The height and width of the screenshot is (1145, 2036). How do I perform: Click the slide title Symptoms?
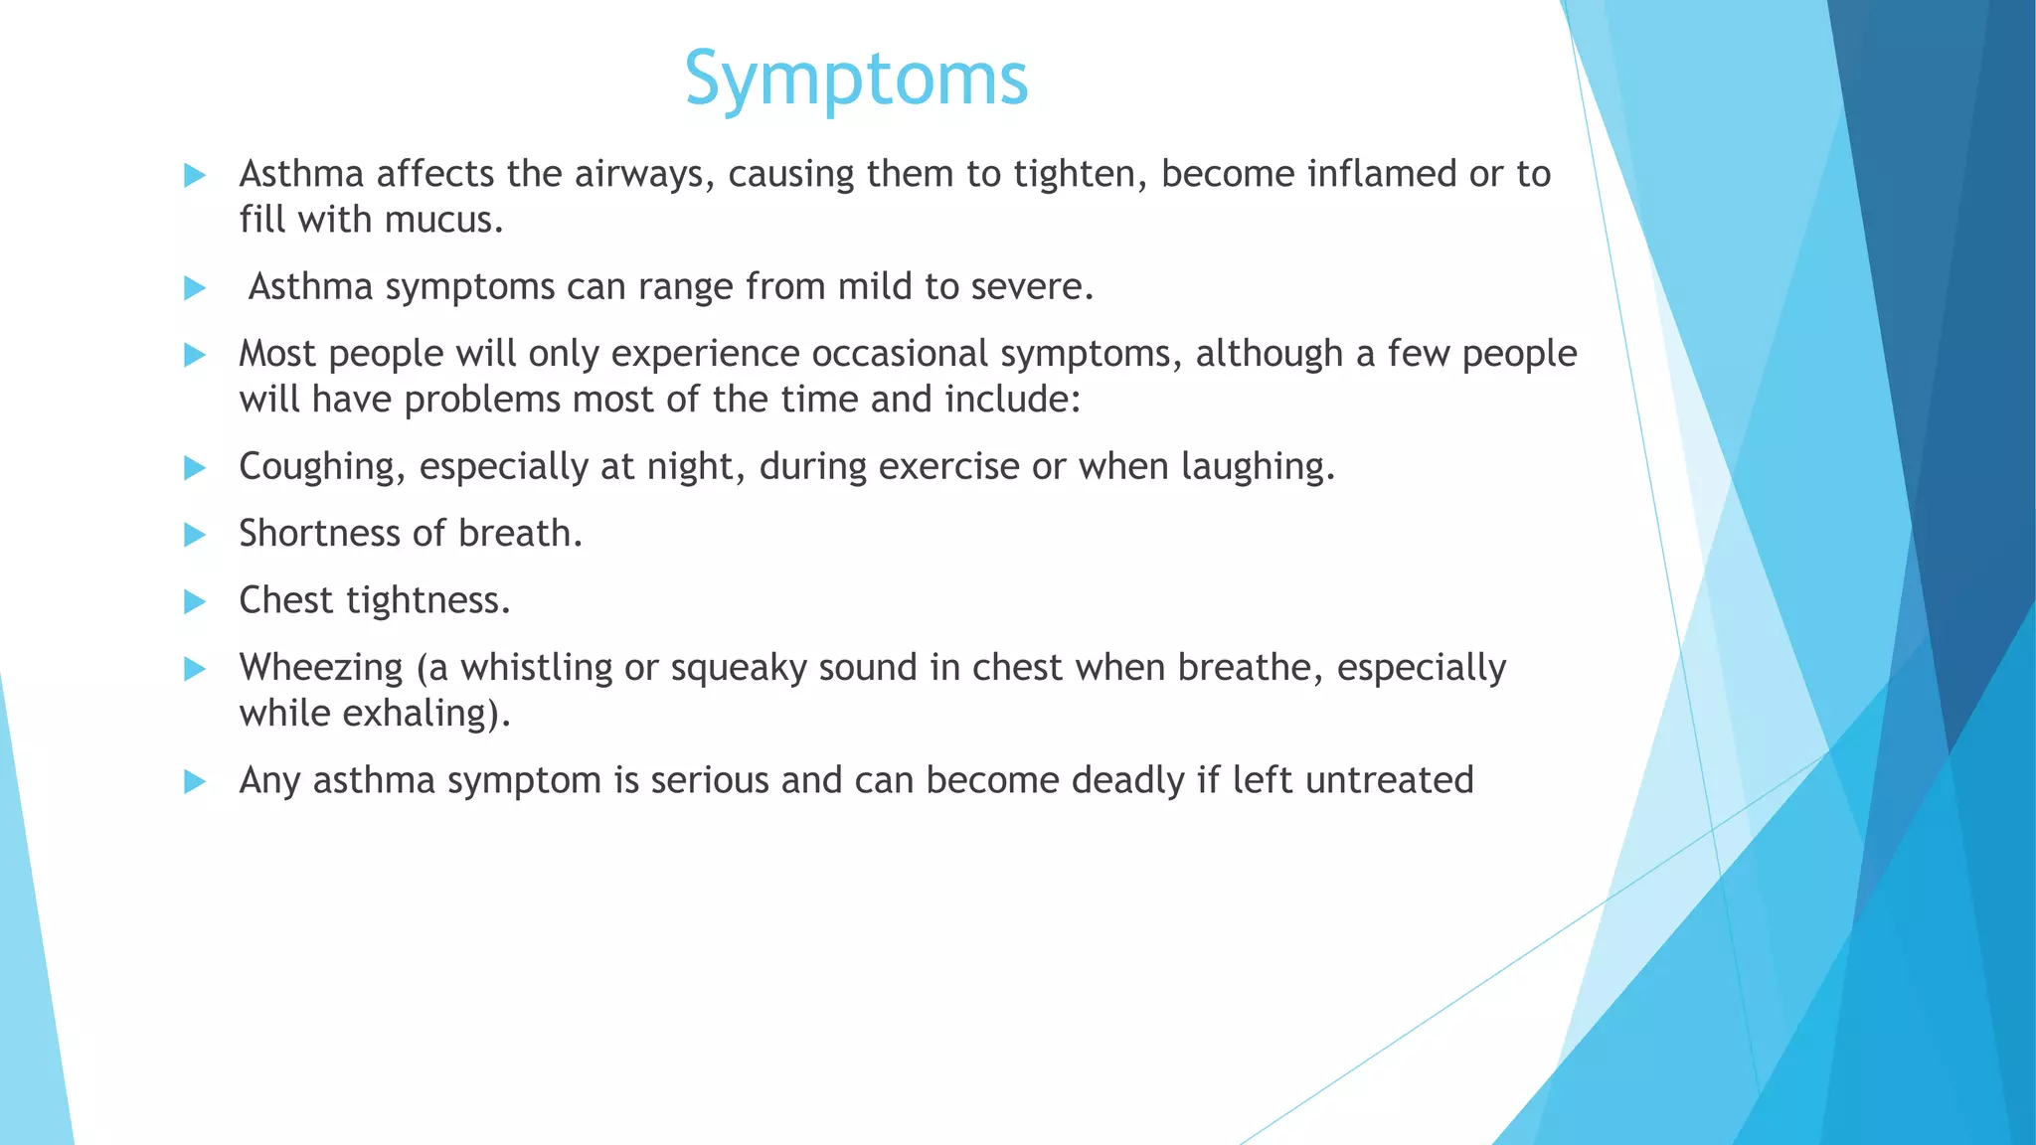856,80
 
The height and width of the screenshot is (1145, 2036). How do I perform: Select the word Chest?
285,600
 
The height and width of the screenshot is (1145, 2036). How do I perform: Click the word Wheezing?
320,668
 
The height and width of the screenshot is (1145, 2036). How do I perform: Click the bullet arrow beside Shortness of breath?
195,536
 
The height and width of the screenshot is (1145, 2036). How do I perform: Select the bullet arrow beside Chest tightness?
195,602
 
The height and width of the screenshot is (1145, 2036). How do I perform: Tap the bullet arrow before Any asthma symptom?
195,782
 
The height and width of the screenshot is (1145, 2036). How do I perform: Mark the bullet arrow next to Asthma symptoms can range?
195,288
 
